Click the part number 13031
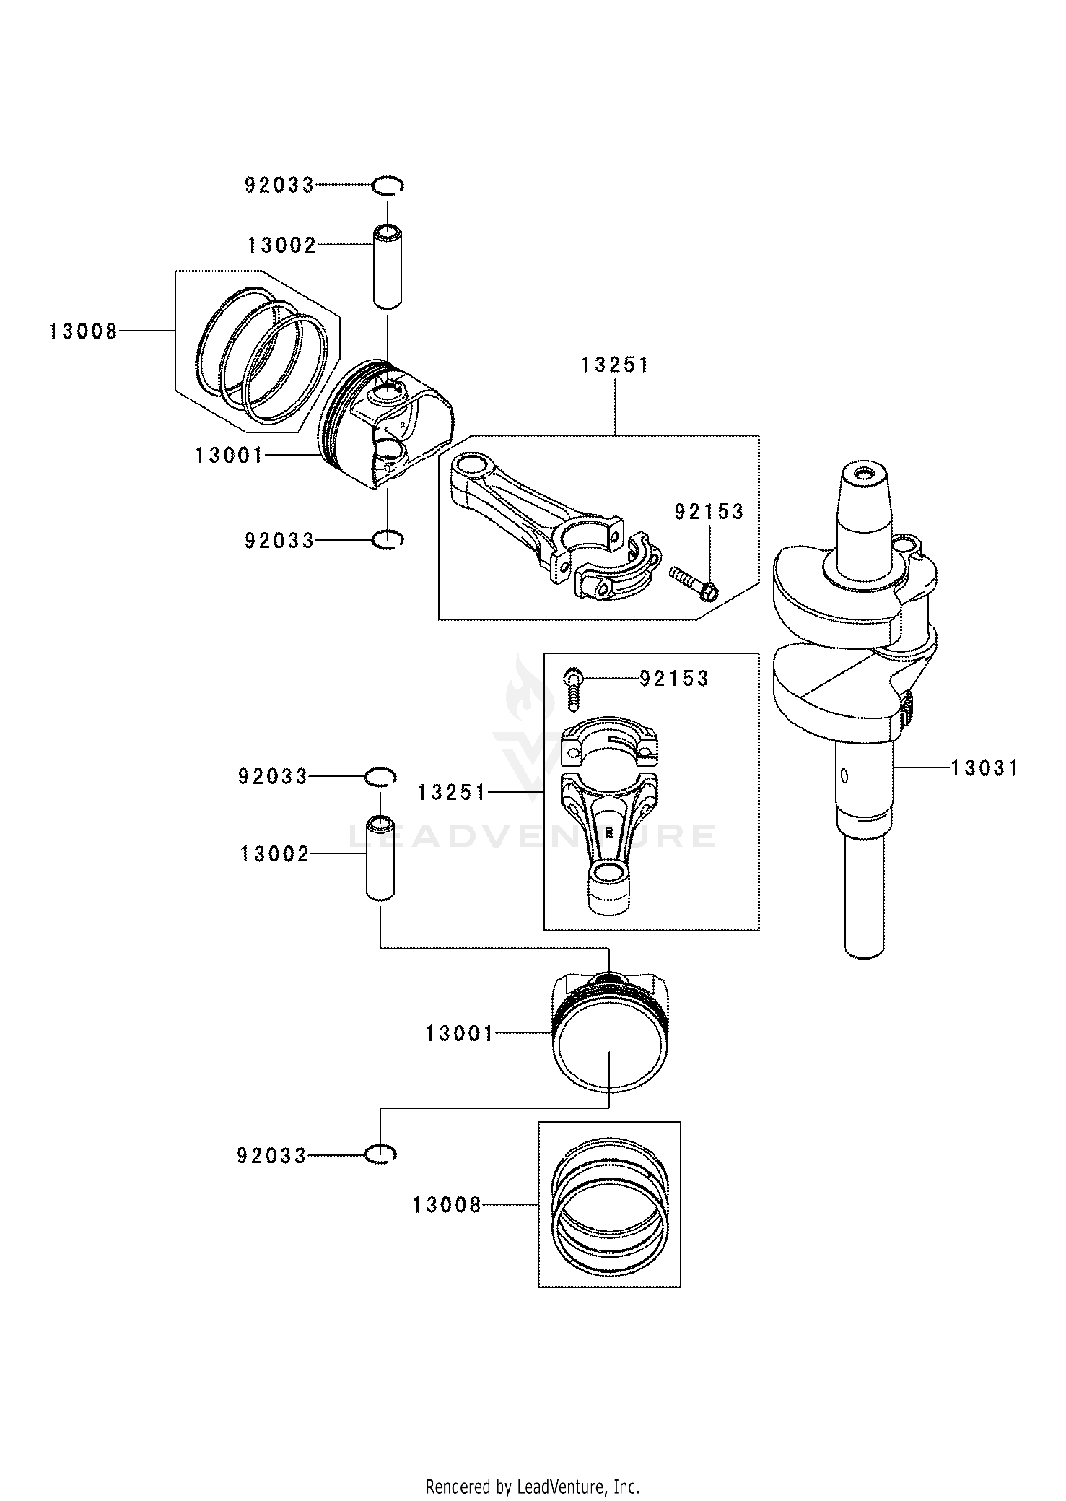tap(984, 768)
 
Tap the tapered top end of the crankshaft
tap(863, 498)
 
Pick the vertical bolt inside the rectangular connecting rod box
tap(574, 688)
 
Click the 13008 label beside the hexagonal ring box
tap(83, 332)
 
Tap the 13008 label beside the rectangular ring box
tap(447, 1205)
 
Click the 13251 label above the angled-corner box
tap(616, 366)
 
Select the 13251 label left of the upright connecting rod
tap(452, 793)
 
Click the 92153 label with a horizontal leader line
tap(674, 679)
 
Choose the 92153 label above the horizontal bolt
tap(709, 512)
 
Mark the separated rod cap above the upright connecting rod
tap(609, 743)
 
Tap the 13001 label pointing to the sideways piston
tap(229, 456)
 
